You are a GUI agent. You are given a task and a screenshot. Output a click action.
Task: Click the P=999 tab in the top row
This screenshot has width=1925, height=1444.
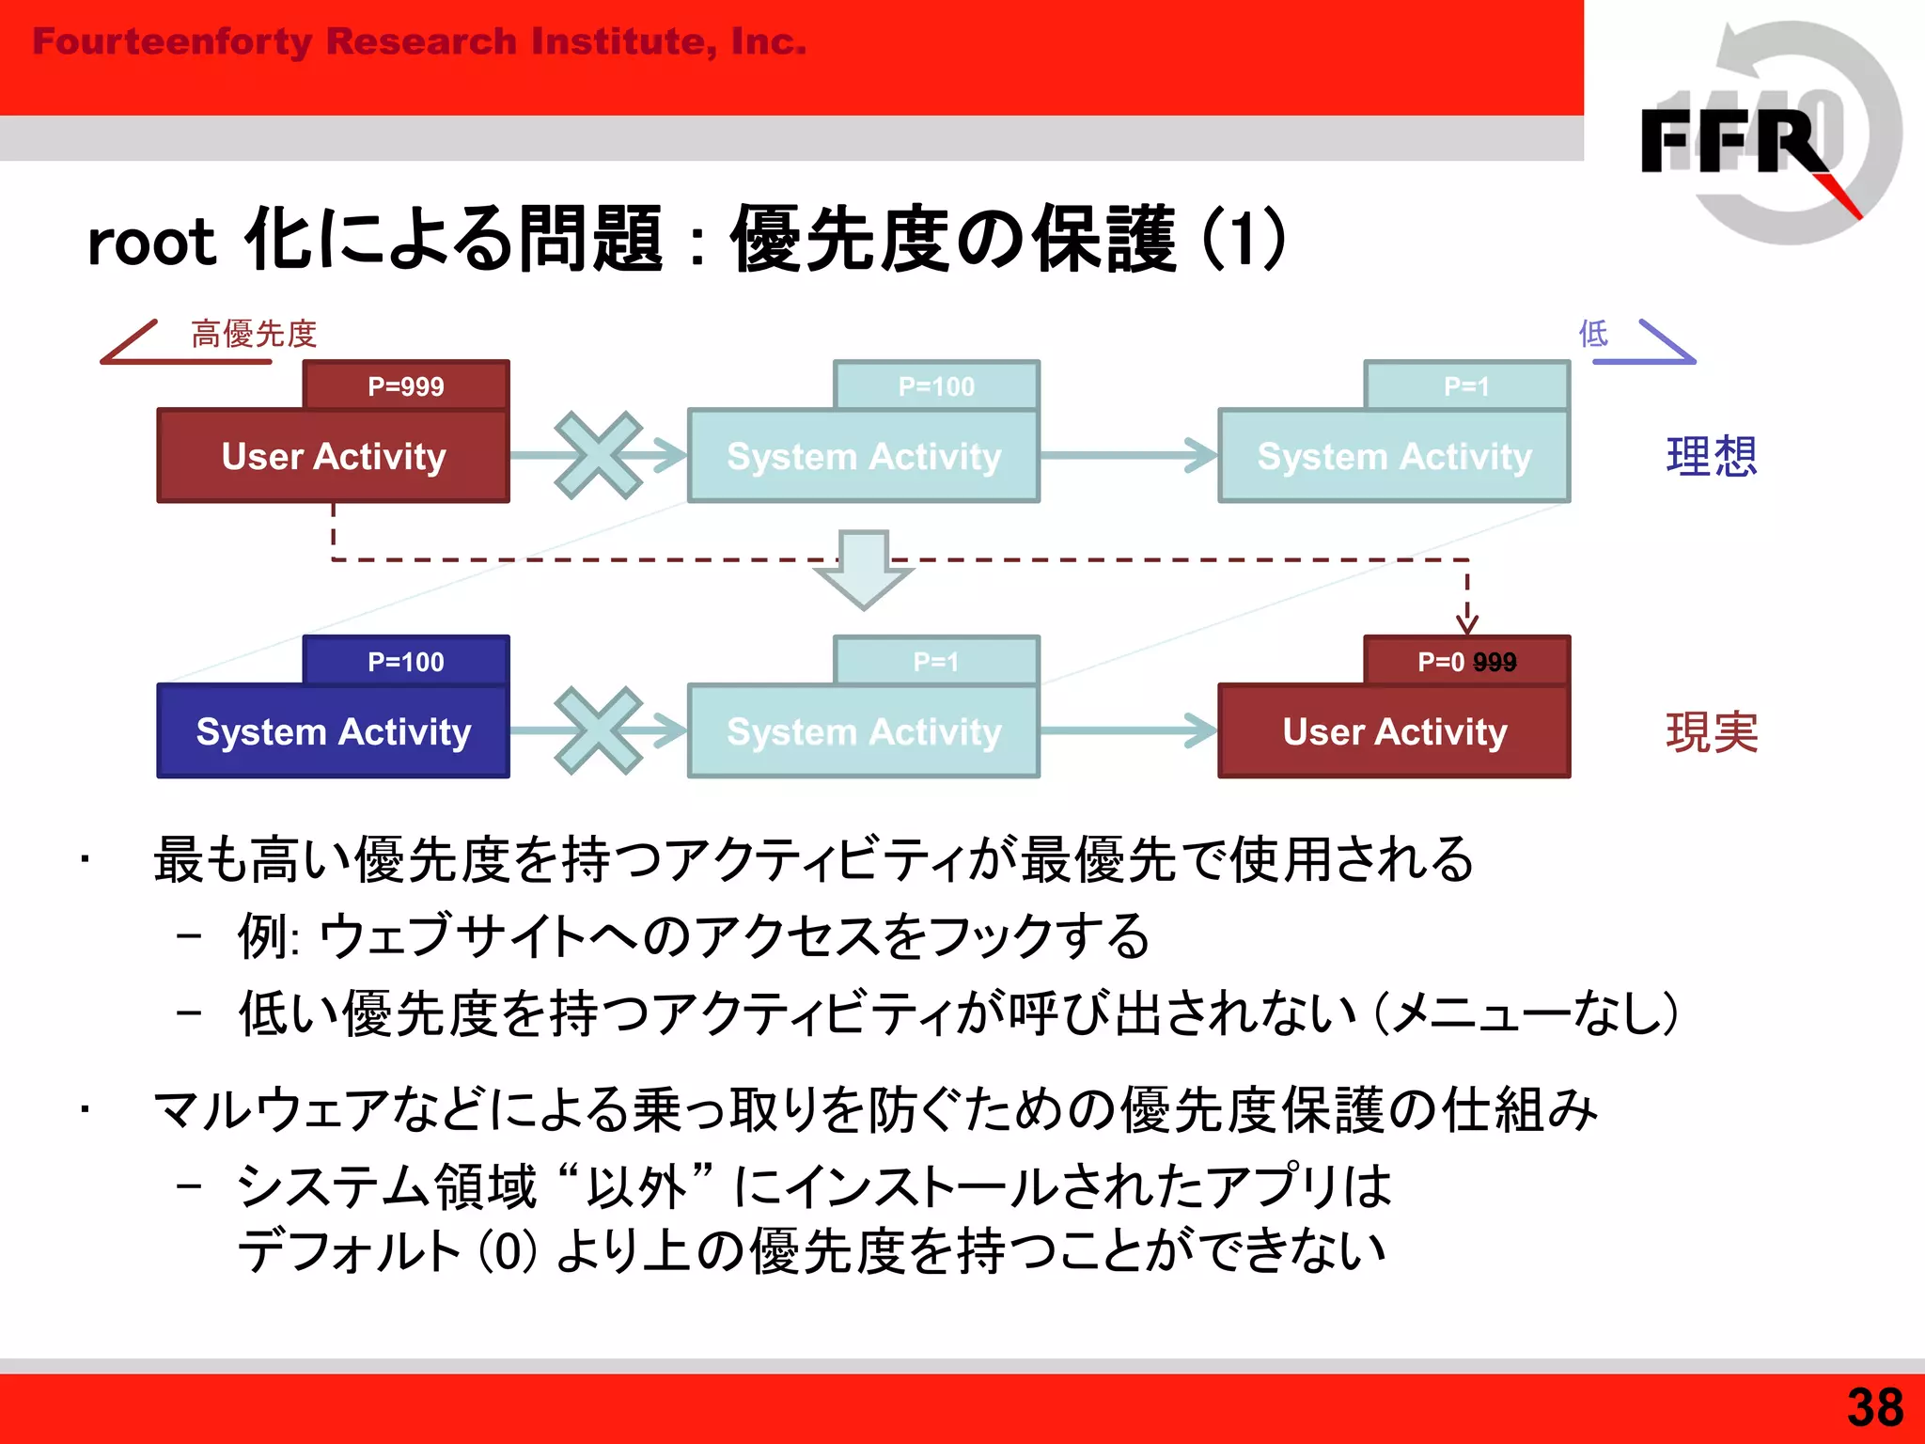pos(406,385)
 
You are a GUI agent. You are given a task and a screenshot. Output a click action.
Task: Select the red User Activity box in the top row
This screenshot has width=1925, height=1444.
pos(334,456)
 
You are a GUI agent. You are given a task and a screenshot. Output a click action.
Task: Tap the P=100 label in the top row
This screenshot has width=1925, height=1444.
pos(936,385)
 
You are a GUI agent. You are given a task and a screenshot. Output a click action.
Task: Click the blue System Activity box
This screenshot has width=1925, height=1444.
pos(334,731)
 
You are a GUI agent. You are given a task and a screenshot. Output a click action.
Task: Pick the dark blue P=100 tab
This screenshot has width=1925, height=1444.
pos(406,661)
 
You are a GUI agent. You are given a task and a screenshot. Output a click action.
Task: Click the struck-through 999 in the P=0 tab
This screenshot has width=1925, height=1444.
pos(1495,662)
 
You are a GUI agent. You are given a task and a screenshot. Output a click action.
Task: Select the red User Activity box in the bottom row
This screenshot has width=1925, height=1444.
pos(1394,731)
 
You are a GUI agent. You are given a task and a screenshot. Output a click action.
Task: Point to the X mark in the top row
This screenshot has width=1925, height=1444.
pos(599,455)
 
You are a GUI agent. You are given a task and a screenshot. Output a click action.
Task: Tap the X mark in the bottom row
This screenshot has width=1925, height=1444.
pos(599,730)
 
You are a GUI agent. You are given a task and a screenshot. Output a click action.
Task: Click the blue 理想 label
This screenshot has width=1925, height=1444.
pos(1711,456)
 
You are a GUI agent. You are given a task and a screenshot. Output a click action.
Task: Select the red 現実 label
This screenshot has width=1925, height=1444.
pos(1711,731)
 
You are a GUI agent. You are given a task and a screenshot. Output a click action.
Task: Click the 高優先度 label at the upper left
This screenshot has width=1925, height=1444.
pos(254,334)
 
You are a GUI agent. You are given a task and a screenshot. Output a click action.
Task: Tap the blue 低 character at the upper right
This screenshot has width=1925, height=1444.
pos(1593,333)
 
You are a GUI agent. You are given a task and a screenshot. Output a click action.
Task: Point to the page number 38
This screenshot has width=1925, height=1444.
pos(1874,1407)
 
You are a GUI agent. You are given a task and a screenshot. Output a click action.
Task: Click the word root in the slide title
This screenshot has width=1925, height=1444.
pos(150,243)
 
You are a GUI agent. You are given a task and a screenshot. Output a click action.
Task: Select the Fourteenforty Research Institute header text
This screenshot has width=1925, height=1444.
pos(419,41)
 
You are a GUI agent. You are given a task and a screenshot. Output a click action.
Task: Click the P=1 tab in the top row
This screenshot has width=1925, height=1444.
pos(1466,385)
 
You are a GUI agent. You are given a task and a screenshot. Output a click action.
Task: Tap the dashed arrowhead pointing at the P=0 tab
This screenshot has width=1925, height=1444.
pos(1467,622)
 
